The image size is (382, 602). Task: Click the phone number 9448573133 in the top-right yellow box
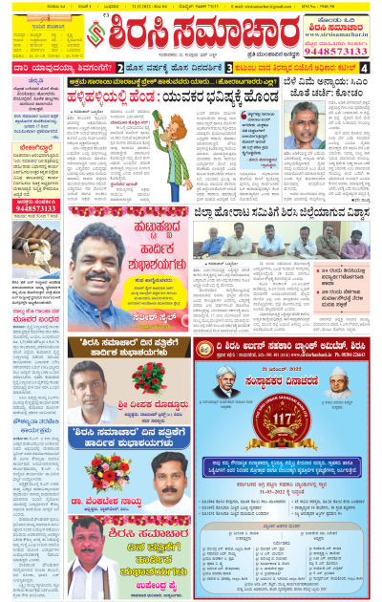pos(341,54)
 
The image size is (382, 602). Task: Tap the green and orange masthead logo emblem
pos(94,35)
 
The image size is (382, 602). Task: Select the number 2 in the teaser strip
pos(119,69)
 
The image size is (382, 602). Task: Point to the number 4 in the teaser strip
pos(373,69)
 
